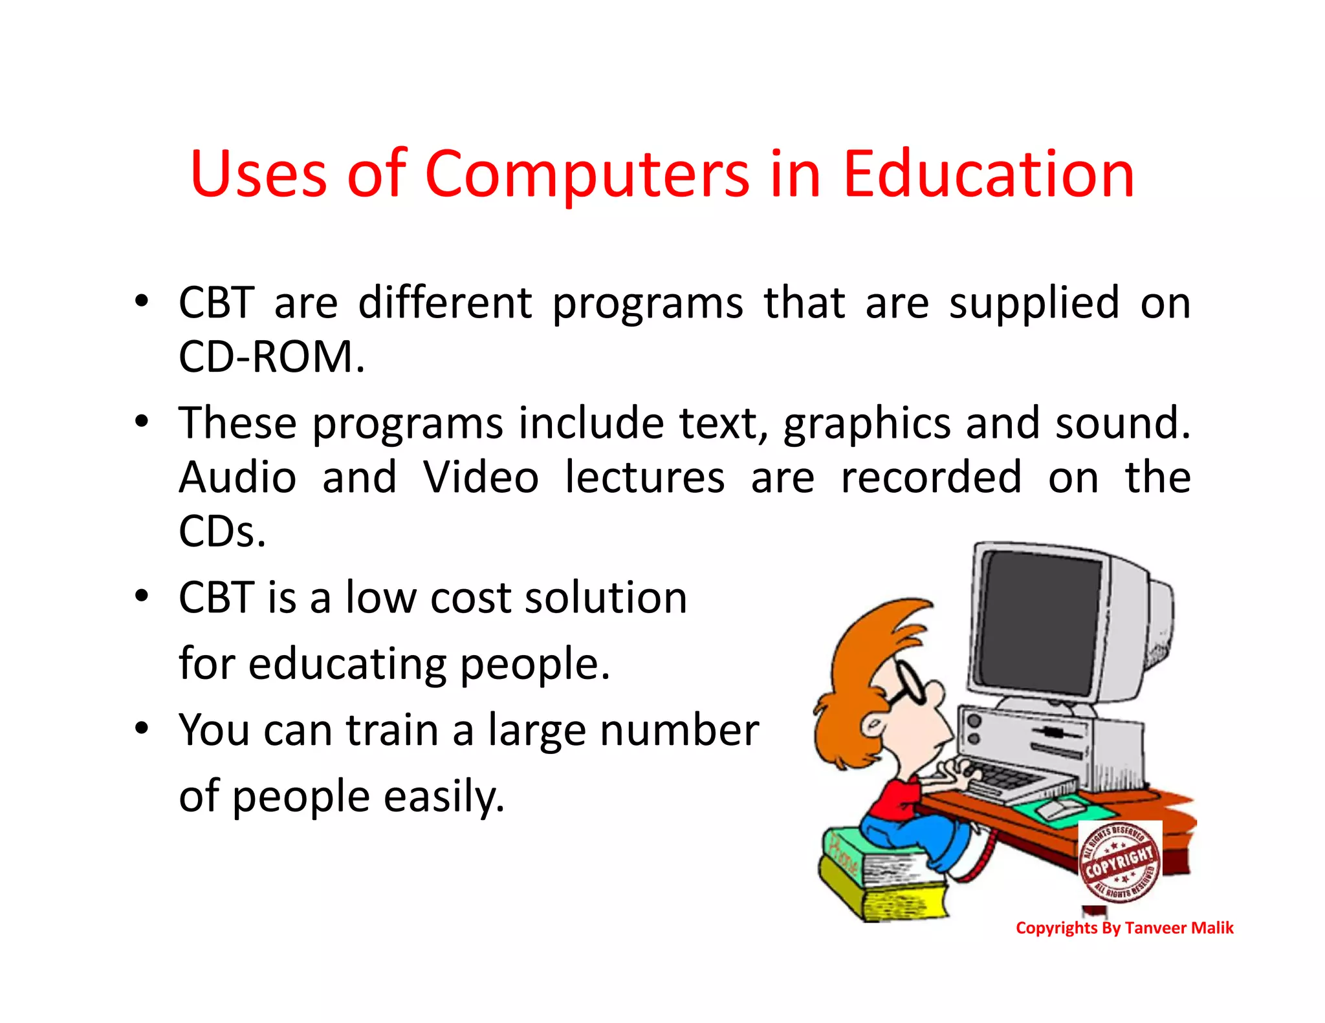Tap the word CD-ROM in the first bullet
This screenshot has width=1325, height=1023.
[x=272, y=357]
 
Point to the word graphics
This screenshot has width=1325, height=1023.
[x=867, y=424]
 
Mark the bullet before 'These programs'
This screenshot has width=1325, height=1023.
[x=142, y=422]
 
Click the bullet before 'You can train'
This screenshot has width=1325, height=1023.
[x=142, y=729]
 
